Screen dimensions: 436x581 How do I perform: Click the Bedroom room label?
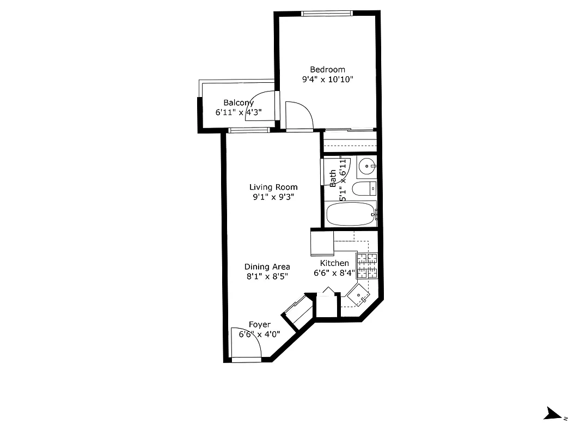tap(327, 69)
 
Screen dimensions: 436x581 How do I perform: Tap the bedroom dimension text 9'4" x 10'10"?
tap(328, 80)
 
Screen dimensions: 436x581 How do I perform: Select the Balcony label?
tap(238, 102)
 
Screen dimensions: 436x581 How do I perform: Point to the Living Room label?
tap(273, 187)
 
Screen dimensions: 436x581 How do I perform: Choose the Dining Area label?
tap(267, 267)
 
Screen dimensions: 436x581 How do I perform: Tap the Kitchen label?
tap(334, 263)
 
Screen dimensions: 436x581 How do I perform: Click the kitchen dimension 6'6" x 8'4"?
tap(334, 273)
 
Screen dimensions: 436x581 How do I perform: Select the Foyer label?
tap(259, 325)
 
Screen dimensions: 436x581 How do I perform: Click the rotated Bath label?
tap(333, 178)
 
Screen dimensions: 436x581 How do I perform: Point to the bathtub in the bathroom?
tap(350, 214)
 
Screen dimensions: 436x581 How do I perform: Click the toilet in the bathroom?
tap(364, 189)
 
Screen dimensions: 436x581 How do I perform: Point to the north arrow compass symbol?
tap(554, 414)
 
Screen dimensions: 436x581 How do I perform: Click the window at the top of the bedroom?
tap(327, 13)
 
